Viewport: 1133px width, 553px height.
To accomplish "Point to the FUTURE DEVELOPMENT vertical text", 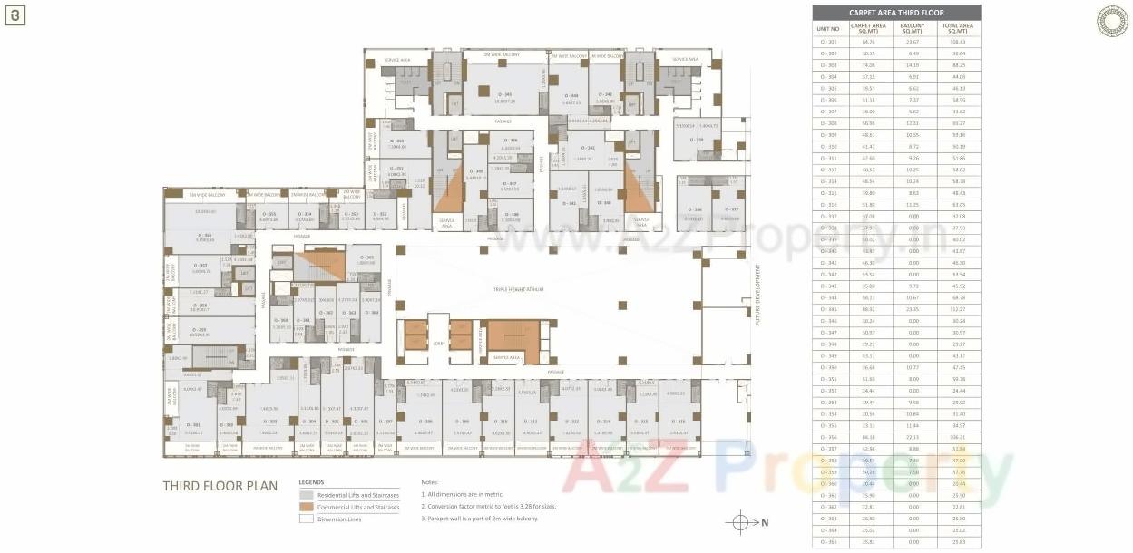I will coord(757,295).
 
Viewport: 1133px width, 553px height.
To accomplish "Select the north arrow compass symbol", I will coord(740,522).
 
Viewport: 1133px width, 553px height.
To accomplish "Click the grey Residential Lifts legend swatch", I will coord(306,496).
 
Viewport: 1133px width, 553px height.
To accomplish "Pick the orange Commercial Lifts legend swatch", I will coord(306,508).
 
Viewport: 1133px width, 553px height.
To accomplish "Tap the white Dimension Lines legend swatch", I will coord(306,519).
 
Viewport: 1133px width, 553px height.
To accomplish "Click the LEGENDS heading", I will coord(311,482).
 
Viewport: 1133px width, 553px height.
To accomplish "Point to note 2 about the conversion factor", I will coord(489,506).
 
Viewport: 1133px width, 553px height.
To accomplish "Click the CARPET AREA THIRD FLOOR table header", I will coord(895,13).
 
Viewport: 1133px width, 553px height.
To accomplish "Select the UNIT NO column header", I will coord(829,28).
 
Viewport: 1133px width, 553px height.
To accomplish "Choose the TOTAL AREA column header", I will coord(958,28).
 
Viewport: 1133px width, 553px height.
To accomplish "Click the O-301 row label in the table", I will coord(829,42).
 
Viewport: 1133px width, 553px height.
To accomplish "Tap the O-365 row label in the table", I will coord(829,542).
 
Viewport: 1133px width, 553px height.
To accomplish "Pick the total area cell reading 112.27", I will coord(958,309).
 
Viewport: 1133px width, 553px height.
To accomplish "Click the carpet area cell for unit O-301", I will coord(869,42).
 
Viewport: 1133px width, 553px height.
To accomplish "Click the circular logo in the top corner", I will coord(1111,21).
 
